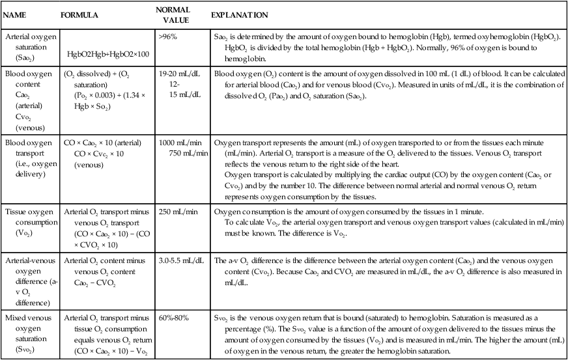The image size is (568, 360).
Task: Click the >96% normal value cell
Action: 167,36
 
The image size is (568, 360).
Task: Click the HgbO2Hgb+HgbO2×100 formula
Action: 108,53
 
